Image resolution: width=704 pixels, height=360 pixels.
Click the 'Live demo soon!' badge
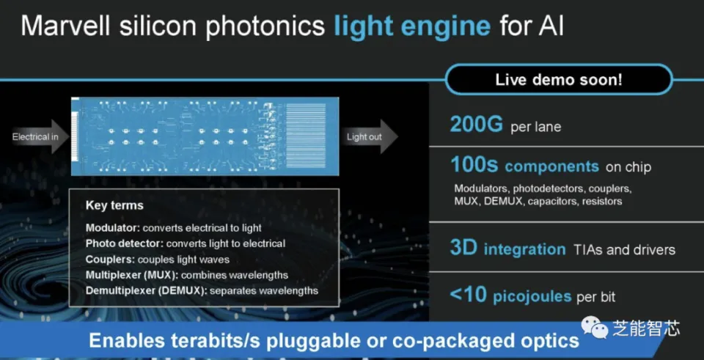pyautogui.click(x=559, y=80)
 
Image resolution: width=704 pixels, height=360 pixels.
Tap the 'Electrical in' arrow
pyautogui.click(x=37, y=136)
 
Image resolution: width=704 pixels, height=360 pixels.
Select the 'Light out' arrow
pyautogui.click(x=370, y=136)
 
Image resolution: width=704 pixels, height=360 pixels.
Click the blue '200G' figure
pyautogui.click(x=477, y=125)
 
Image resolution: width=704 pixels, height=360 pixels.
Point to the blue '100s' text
pyautogui.click(x=474, y=166)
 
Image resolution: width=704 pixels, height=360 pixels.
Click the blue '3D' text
pyautogui.click(x=463, y=249)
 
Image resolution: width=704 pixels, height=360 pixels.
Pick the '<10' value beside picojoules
pyautogui.click(x=469, y=295)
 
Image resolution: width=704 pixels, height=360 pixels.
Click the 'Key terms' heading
pyautogui.click(x=114, y=205)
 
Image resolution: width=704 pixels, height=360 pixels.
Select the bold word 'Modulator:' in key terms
pyautogui.click(x=113, y=228)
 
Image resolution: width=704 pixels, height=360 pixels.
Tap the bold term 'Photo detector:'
pyautogui.click(x=125, y=243)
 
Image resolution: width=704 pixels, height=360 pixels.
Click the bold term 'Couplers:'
pyautogui.click(x=111, y=260)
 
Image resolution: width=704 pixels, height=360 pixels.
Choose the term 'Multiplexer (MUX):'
pyautogui.click(x=132, y=275)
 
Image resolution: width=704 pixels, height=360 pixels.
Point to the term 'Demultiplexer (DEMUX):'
pyautogui.click(x=147, y=291)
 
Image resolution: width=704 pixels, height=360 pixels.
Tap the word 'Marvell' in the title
pyautogui.click(x=67, y=26)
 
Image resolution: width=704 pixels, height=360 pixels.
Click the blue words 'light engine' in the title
pyautogui.click(x=412, y=27)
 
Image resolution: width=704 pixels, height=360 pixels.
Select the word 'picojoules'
pyautogui.click(x=532, y=297)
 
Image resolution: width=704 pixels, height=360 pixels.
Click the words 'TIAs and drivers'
pyautogui.click(x=624, y=249)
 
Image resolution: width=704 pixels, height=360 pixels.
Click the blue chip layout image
pyautogui.click(x=205, y=136)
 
